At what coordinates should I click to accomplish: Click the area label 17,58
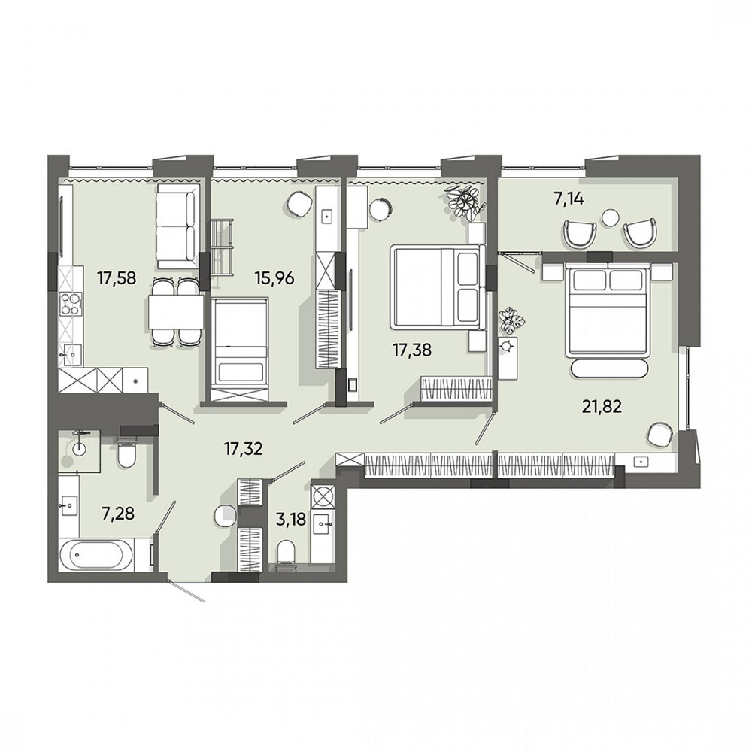tap(117, 277)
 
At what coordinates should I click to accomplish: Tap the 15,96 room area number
tap(274, 277)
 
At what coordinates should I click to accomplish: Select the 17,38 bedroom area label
tap(412, 350)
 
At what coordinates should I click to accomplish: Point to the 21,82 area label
tap(602, 407)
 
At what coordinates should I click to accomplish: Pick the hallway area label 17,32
tap(244, 449)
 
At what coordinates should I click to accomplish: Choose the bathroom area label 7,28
tap(117, 514)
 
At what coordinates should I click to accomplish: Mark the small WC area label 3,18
tap(290, 520)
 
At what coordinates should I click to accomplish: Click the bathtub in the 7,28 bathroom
tap(100, 555)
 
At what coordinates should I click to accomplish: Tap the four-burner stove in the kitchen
tap(69, 304)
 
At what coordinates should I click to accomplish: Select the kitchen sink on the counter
tap(71, 356)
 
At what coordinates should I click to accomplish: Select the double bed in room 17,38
tap(435, 287)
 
